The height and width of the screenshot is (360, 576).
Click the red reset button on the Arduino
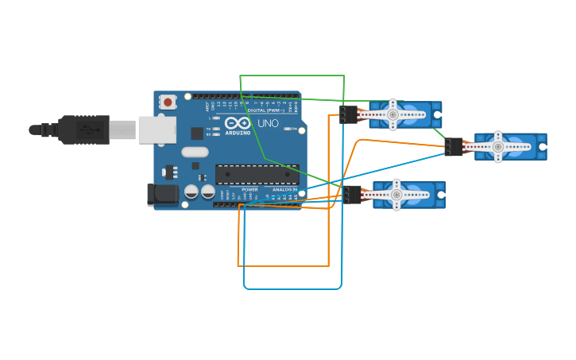(168, 102)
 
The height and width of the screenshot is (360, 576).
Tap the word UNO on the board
(267, 124)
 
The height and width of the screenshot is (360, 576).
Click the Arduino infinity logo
(238, 123)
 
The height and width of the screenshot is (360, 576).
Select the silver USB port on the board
(157, 130)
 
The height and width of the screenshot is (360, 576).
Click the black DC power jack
(163, 195)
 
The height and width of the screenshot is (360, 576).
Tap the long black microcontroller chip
(257, 174)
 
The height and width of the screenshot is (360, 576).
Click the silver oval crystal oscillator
(195, 152)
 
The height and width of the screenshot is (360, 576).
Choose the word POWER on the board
(249, 190)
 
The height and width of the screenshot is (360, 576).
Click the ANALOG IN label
(284, 190)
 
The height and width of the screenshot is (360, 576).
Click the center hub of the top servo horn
(392, 114)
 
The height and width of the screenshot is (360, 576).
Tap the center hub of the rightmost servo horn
(498, 146)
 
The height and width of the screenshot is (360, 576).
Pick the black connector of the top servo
(348, 114)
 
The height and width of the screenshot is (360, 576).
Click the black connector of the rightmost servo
(454, 146)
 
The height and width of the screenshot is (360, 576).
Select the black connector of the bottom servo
(353, 195)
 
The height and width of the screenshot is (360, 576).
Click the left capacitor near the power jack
(191, 192)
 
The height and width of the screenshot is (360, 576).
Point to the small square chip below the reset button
(169, 171)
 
